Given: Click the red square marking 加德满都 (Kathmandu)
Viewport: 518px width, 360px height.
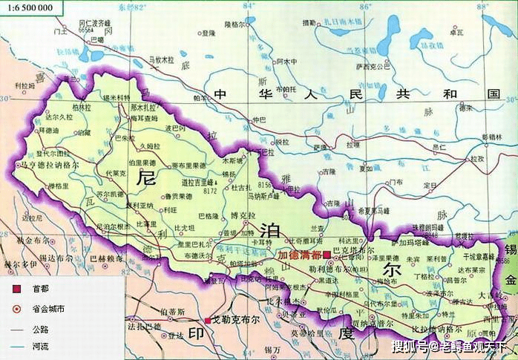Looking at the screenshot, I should click(x=326, y=255).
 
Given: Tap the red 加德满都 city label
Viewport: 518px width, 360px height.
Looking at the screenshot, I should click(x=299, y=255).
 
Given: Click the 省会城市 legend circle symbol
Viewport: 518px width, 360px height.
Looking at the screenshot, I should click(x=16, y=309).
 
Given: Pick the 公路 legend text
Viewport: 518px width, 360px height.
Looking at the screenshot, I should click(x=41, y=329).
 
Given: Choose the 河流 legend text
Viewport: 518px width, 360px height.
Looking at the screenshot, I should click(x=41, y=347).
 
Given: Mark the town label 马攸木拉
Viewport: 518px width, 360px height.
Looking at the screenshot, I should click(x=161, y=59).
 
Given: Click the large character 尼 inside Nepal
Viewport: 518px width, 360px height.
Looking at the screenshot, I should click(x=146, y=179).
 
